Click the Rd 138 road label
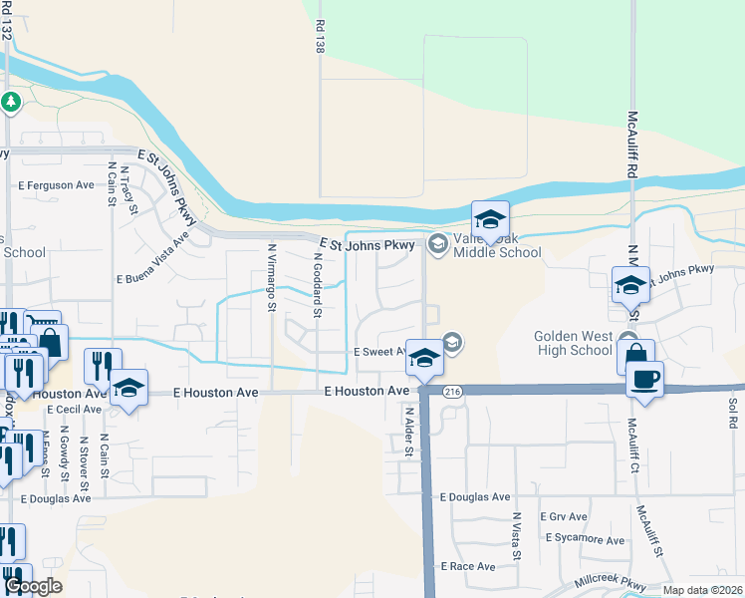tap(320, 40)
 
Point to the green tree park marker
tap(11, 102)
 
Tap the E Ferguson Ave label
tap(56, 185)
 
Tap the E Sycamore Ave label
tap(586, 539)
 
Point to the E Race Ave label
tap(467, 566)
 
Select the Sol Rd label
tap(732, 415)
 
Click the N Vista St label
tap(517, 536)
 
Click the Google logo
tap(33, 586)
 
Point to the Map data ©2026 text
tap(702, 590)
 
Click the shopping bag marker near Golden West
tap(635, 356)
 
